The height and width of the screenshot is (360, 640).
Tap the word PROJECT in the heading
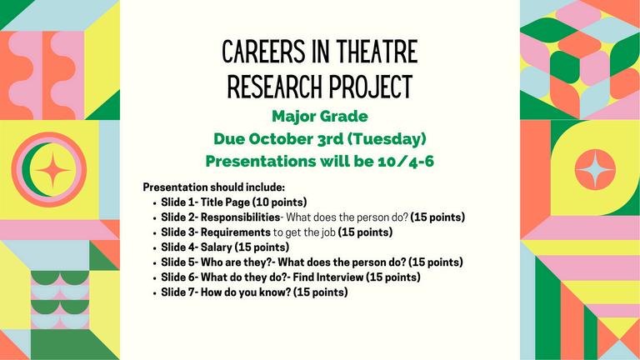coord(371,87)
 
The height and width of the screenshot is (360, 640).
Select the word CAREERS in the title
coord(263,52)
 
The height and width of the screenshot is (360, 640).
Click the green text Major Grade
coord(320,117)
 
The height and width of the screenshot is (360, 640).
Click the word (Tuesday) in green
coord(387,139)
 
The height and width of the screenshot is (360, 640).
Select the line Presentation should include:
coord(213,187)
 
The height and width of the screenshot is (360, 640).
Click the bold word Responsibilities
coord(240,217)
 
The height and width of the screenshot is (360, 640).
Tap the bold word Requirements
coord(236,232)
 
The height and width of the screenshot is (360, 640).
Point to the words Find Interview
coord(327,277)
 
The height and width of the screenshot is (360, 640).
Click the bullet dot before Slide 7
coord(155,293)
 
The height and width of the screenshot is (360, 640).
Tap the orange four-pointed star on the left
coord(52,169)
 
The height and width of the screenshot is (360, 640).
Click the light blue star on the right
coord(595,169)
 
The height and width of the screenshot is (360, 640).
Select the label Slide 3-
coord(180,232)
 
